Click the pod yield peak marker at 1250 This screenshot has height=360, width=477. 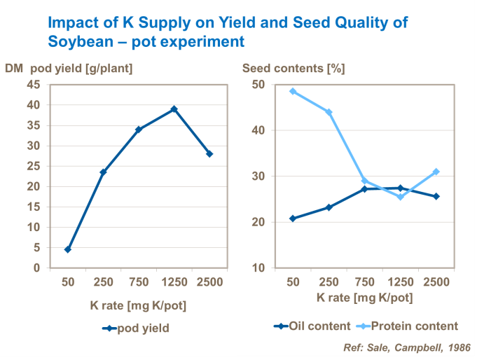(x=174, y=109)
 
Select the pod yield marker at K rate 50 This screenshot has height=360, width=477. (x=67, y=249)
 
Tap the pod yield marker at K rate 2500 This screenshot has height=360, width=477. (x=209, y=154)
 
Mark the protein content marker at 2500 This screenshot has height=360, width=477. (x=436, y=172)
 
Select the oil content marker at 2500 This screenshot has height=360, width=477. (x=436, y=196)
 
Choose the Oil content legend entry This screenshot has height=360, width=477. (x=311, y=326)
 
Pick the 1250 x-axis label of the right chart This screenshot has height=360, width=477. (x=400, y=282)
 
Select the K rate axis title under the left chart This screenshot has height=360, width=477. (x=137, y=306)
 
